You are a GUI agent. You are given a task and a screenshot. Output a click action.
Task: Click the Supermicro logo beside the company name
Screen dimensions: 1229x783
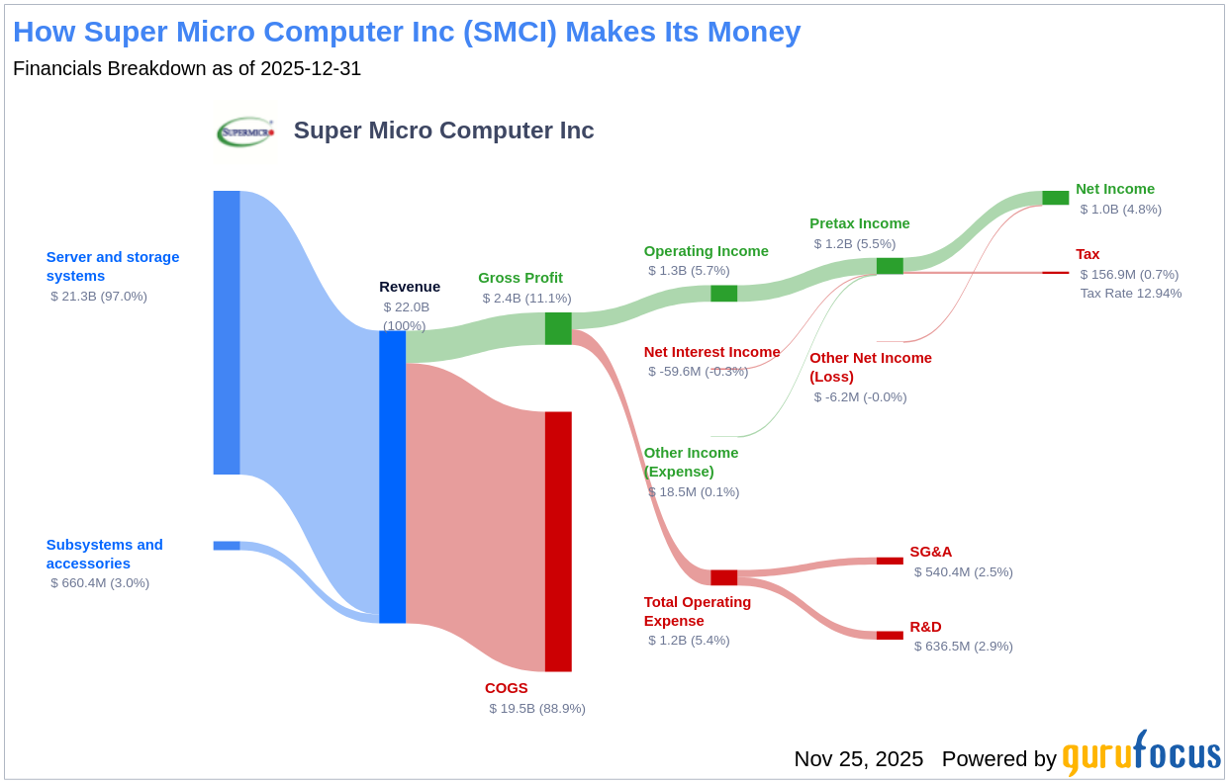[245, 132]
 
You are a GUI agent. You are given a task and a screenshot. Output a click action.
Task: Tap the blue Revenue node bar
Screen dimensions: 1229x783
[392, 478]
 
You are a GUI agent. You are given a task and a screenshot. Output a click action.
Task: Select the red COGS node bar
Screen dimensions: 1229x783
[558, 542]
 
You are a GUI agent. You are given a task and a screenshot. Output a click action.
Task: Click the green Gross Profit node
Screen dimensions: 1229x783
[558, 328]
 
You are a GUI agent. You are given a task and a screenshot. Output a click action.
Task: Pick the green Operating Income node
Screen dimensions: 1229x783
[723, 294]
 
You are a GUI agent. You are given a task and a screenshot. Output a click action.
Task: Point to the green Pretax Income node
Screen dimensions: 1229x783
[890, 266]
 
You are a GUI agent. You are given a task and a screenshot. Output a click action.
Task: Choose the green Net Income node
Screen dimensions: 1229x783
[1056, 198]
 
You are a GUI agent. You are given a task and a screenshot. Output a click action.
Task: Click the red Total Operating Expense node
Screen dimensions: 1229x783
[723, 577]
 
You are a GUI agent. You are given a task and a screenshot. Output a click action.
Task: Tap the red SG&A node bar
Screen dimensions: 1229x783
[890, 561]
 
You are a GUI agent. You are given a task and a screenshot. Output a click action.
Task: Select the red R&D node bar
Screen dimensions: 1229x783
[890, 636]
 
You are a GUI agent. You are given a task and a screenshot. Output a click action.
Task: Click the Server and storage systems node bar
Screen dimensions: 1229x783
[227, 332]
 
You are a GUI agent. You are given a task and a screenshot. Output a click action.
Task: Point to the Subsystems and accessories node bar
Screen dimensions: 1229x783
[227, 546]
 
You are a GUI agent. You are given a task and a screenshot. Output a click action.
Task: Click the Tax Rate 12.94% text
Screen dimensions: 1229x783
[1131, 294]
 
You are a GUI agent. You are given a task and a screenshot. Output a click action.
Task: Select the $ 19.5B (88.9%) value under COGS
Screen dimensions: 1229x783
[537, 709]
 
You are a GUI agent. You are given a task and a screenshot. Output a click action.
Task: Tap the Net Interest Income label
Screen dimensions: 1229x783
[711, 352]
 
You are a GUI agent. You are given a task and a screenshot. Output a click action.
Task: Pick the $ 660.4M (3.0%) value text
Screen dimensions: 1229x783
[100, 583]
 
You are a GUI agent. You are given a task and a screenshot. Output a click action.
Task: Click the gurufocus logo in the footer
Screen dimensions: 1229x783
[1142, 754]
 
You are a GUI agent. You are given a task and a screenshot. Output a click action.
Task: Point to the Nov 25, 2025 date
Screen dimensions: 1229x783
[859, 759]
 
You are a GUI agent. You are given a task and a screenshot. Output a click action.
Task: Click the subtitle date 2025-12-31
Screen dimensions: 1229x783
[311, 68]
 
